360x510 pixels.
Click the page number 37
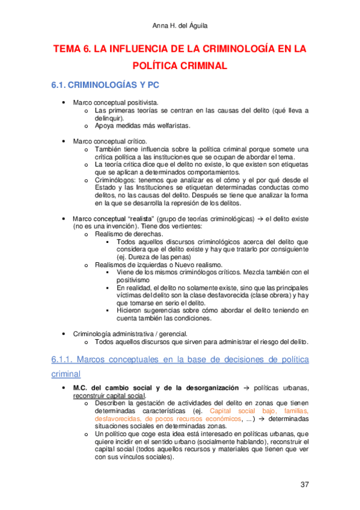[304, 485]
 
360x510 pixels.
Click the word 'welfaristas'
[172, 126]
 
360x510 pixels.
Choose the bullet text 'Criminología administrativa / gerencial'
[130, 334]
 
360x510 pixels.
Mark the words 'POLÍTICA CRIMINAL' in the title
[179, 66]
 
